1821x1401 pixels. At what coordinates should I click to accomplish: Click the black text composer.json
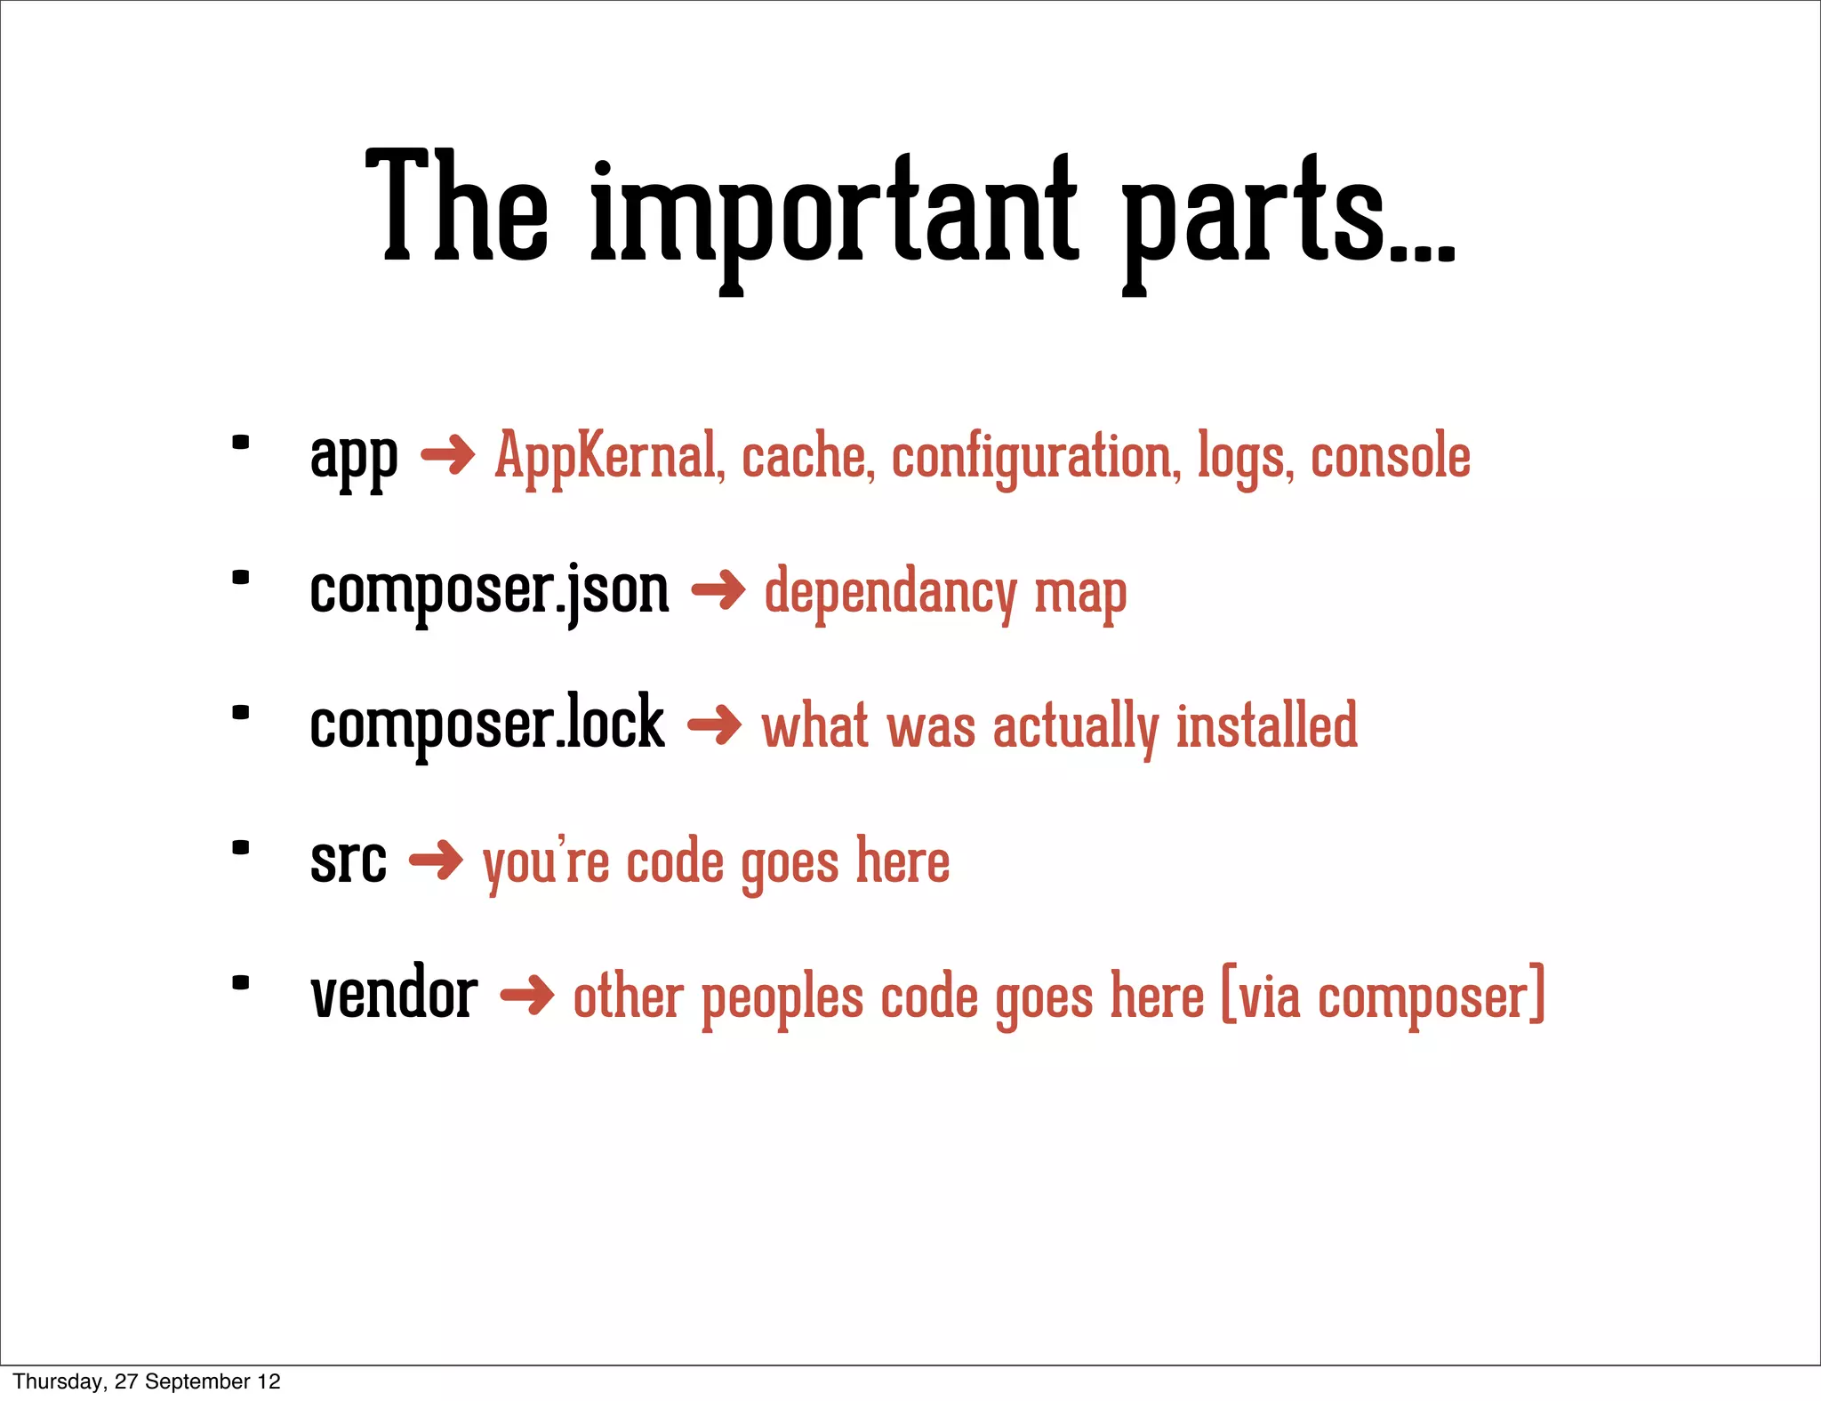[489, 592]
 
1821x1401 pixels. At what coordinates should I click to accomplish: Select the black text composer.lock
[487, 725]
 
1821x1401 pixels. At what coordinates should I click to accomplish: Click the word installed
[1267, 725]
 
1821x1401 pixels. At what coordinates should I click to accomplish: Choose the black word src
[349, 861]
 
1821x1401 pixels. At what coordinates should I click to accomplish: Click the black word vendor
[394, 994]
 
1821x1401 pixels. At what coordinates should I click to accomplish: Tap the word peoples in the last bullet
[782, 997]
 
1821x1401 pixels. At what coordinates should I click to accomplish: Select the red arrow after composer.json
[718, 589]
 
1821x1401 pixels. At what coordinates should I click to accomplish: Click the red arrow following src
[436, 860]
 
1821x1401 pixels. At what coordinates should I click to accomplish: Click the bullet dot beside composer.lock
[240, 713]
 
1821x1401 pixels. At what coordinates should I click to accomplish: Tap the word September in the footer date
[197, 1381]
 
